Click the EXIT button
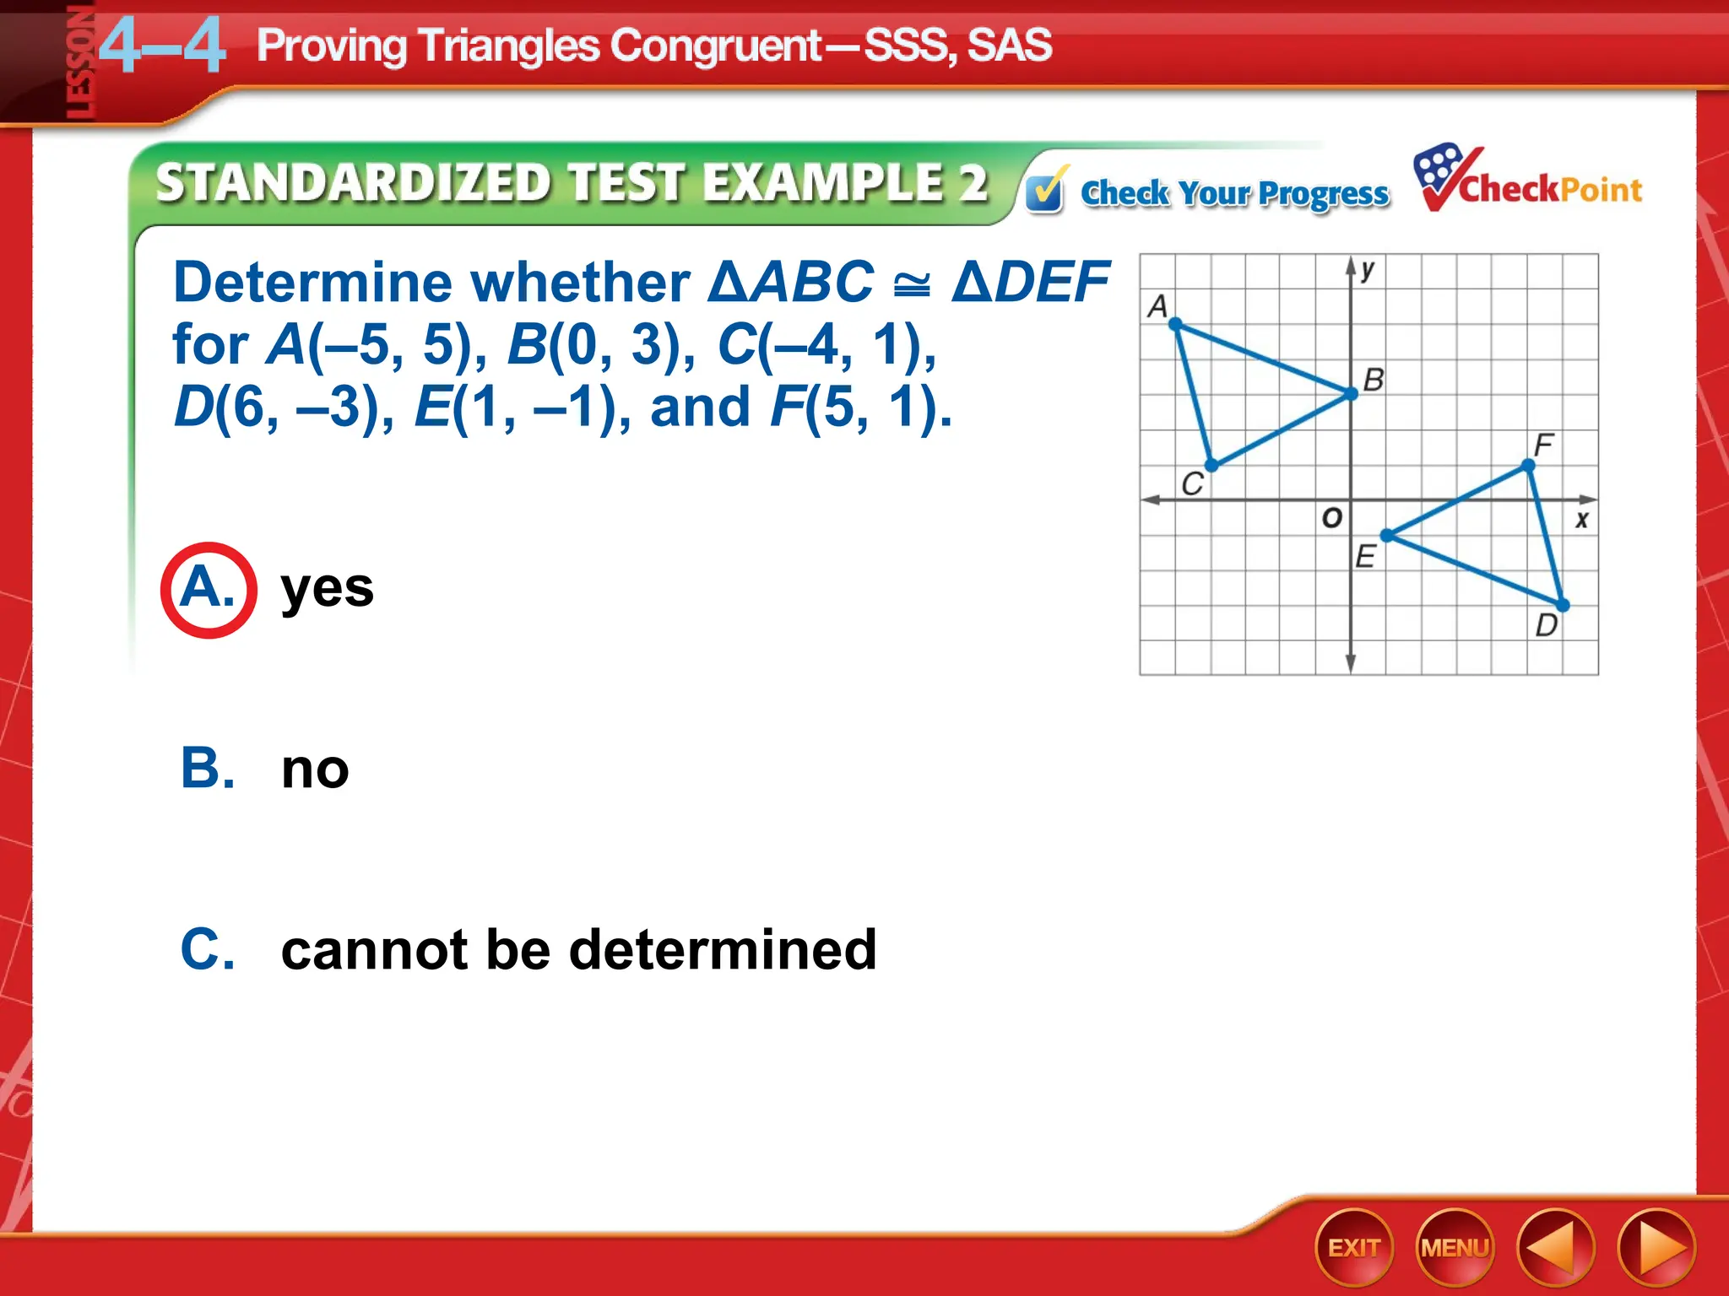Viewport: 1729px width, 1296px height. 1354,1248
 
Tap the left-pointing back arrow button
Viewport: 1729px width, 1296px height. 1555,1248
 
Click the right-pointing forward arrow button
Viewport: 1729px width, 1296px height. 1656,1248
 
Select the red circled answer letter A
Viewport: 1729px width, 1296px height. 208,589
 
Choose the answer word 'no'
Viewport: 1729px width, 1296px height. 315,769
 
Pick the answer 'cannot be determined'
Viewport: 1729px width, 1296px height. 578,950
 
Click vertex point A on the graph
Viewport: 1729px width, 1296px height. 1176,324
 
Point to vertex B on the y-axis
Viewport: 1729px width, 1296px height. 1352,394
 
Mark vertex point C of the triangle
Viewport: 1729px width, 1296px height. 1211,465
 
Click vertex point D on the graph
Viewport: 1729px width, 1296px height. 1563,605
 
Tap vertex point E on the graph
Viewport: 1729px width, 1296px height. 1386,535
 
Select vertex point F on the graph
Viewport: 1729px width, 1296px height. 1528,465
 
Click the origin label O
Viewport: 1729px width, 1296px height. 1331,517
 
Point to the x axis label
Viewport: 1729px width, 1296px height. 1581,520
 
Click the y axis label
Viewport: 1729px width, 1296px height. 1368,270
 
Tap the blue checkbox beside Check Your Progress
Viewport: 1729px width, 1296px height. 1045,192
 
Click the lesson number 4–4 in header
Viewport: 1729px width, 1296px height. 162,47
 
